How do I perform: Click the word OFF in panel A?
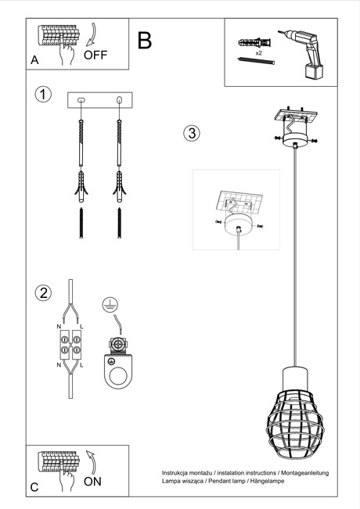(x=95, y=55)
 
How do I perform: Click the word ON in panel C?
(x=92, y=482)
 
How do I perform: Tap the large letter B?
(x=144, y=41)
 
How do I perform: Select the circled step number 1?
(x=44, y=95)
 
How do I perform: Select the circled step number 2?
(x=44, y=294)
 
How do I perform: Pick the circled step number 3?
(x=191, y=132)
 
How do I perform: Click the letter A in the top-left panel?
(x=34, y=60)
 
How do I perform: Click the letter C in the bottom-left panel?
(x=34, y=487)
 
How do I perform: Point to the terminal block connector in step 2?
(x=71, y=345)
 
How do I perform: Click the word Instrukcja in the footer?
(x=177, y=474)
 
